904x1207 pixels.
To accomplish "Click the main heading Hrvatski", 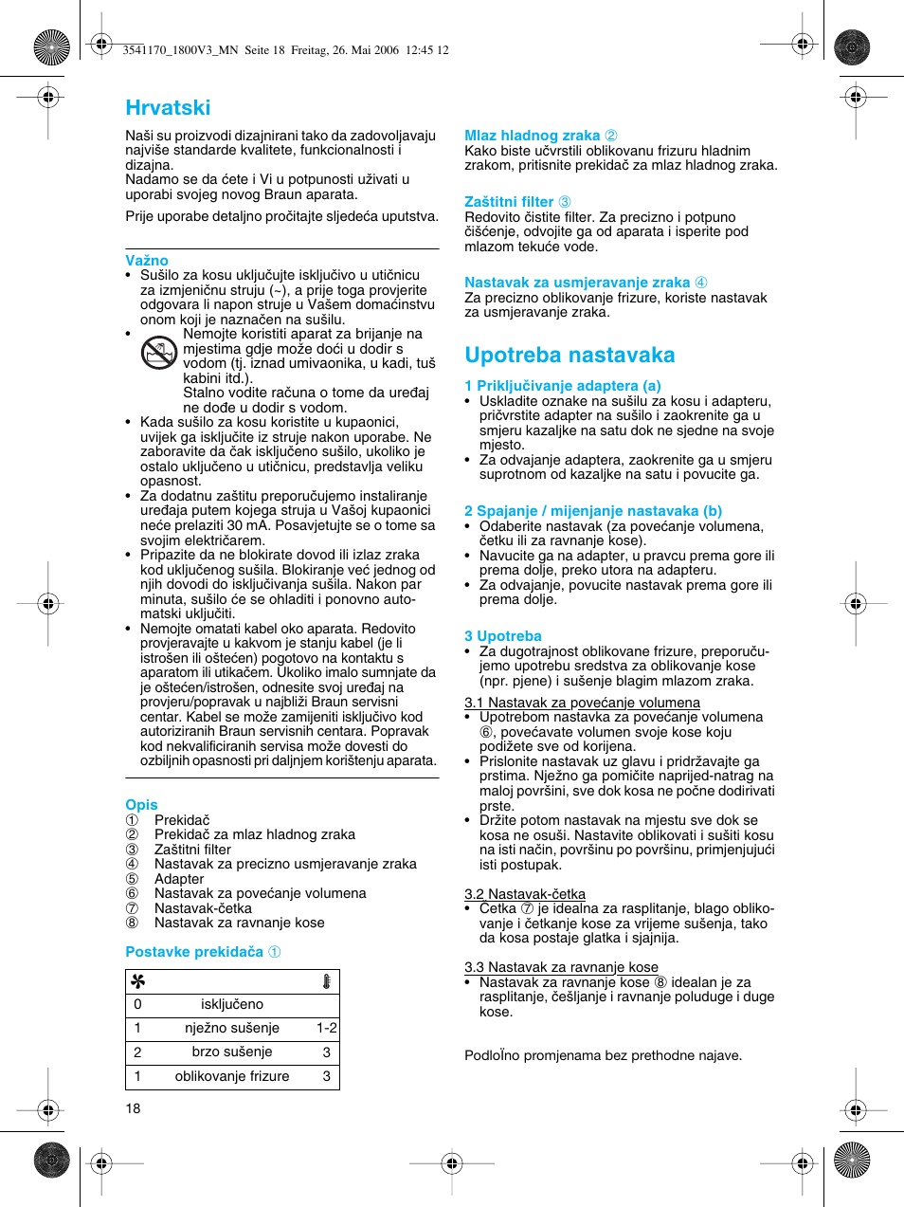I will (168, 108).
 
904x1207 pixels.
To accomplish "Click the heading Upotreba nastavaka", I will (570, 355).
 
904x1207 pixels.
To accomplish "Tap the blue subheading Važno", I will (147, 261).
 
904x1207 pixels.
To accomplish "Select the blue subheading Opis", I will (141, 805).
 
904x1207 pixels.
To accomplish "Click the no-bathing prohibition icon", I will (159, 353).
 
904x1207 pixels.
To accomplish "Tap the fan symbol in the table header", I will (138, 981).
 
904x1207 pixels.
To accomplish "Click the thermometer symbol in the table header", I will (326, 981).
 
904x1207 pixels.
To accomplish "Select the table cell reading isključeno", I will (232, 1004).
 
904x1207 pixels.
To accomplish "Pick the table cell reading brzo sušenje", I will (232, 1052).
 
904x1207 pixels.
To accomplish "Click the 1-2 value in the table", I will (326, 1028).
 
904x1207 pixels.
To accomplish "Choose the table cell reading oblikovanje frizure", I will (232, 1076).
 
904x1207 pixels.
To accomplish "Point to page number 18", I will (133, 1108).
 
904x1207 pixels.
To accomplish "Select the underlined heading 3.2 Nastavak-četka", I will (525, 894).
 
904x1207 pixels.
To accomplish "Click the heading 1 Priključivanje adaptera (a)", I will (562, 386).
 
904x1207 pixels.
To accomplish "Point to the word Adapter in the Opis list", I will (179, 879).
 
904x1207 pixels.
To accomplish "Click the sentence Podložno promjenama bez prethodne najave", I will (603, 1055).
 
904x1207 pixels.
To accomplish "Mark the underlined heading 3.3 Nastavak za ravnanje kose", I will (561, 967).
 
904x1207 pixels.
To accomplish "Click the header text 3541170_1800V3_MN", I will (180, 50).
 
